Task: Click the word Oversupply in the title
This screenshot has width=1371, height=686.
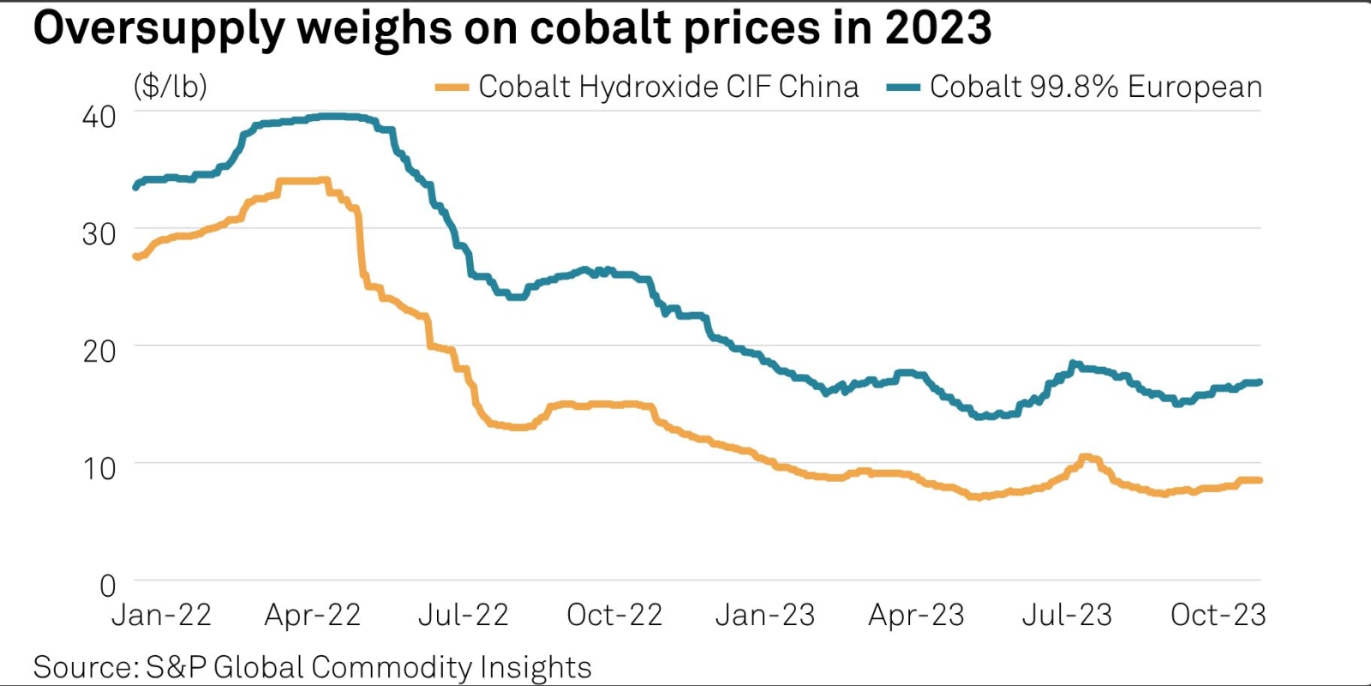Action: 158,29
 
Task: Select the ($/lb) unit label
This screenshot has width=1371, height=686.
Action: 171,87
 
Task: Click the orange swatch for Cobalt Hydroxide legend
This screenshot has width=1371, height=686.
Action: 452,87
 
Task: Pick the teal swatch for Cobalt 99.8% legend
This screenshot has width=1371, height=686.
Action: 902,87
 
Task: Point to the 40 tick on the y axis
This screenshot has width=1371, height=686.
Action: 99,117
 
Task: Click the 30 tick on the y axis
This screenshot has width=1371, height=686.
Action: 99,234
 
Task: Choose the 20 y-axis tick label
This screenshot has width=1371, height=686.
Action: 99,351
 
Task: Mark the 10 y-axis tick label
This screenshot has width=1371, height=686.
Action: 99,468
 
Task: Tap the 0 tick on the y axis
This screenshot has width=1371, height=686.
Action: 107,586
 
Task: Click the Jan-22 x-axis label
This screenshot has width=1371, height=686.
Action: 161,615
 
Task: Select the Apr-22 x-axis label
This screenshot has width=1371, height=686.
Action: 313,615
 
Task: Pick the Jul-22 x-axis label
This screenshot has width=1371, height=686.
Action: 464,615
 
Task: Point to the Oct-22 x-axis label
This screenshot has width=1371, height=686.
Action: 614,615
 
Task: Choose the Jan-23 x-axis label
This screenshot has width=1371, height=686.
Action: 765,615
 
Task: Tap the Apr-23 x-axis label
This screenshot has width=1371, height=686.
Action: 916,615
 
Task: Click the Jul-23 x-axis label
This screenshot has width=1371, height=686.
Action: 1067,615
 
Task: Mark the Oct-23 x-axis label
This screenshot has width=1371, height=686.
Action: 1218,615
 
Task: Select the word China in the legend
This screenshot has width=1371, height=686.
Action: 818,87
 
